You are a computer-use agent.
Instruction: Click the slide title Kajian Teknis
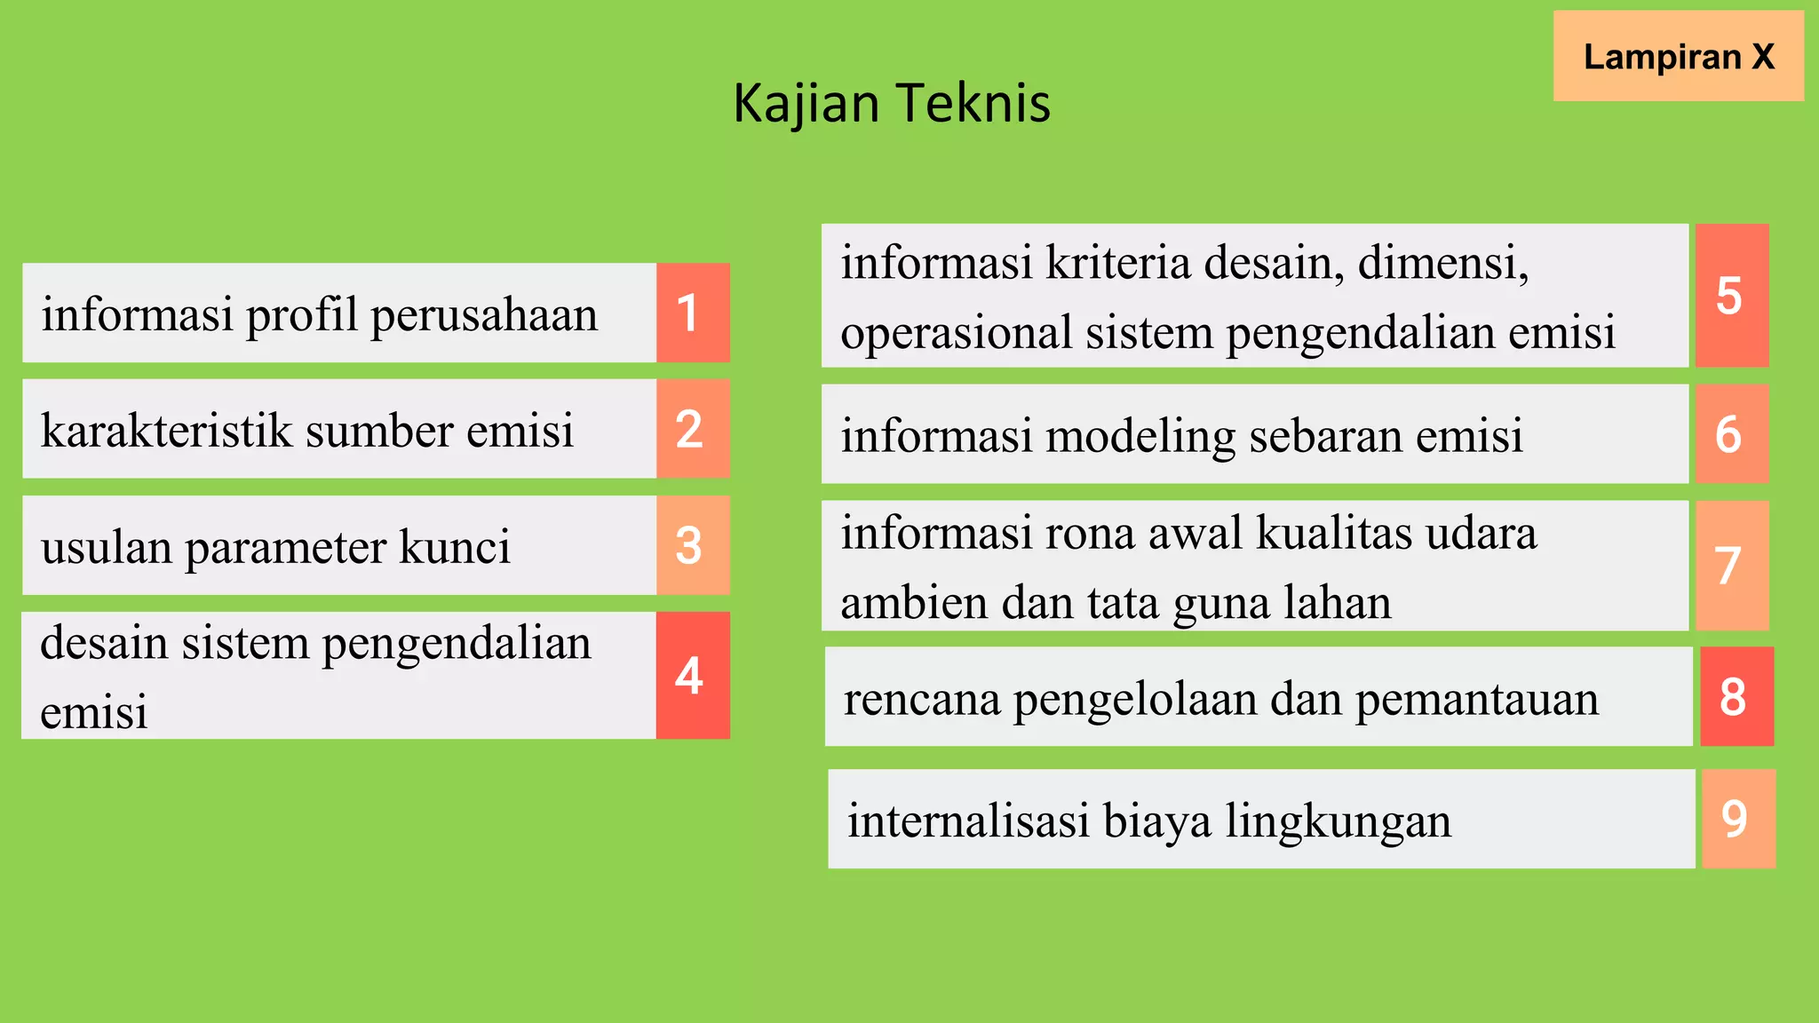[892, 103]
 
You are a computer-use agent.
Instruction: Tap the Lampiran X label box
[1678, 56]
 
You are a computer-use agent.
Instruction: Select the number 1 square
[692, 313]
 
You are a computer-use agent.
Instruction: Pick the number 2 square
[692, 429]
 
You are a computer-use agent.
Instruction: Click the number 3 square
[692, 545]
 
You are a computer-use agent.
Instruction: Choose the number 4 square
[692, 675]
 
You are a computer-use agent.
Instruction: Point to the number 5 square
[1731, 295]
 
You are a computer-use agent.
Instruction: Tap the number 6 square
[1731, 433]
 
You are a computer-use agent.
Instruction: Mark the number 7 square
[1731, 565]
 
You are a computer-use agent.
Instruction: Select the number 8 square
[1736, 696]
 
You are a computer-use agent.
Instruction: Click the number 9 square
[1737, 818]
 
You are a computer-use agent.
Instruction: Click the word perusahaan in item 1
[484, 316]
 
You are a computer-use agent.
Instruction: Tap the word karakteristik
[166, 431]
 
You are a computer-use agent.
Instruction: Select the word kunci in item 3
[455, 546]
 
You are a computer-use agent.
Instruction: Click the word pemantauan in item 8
[1476, 699]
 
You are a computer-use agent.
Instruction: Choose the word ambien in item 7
[913, 603]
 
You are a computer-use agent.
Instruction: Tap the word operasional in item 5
[956, 334]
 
